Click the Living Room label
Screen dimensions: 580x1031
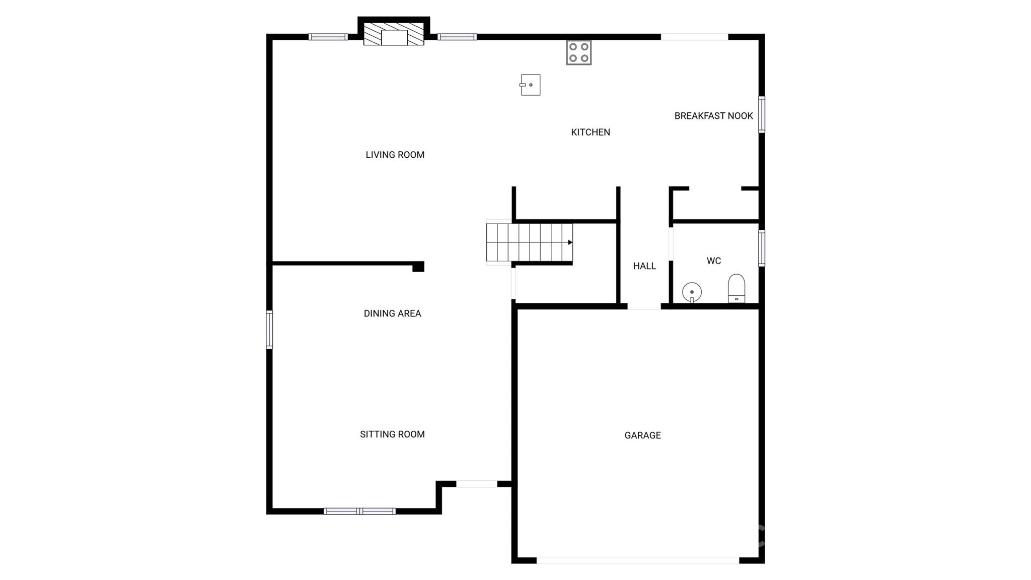395,155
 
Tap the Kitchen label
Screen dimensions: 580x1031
590,132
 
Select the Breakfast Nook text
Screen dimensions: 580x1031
713,116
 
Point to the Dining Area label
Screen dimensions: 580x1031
392,313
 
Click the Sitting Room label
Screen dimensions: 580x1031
392,434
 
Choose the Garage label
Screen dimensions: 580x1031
642,435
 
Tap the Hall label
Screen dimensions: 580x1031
644,266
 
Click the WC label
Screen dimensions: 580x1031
713,261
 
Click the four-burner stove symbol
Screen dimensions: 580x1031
578,53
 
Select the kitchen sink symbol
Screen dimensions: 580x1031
530,85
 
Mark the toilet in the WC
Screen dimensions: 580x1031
737,289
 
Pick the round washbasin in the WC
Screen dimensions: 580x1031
692,292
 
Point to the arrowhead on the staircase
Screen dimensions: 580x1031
570,242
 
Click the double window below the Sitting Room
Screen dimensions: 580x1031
359,511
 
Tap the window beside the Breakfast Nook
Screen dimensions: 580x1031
762,114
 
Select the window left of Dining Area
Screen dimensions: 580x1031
269,330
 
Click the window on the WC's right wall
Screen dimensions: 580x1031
762,248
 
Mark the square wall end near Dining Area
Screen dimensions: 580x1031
418,267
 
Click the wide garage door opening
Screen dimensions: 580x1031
637,560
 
